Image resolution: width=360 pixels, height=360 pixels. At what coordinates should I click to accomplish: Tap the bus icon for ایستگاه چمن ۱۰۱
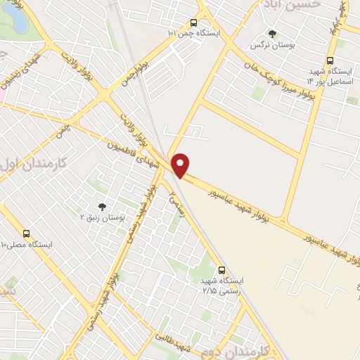click(x=194, y=22)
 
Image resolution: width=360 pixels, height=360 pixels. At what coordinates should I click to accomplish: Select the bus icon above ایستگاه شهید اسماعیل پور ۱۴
click(x=330, y=60)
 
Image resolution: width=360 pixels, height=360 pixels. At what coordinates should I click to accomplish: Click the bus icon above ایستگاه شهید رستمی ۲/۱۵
click(x=222, y=269)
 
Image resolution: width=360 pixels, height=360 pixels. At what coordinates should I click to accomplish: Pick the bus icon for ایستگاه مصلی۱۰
click(x=27, y=233)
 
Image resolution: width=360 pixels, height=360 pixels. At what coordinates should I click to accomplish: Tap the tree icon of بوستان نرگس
click(x=273, y=34)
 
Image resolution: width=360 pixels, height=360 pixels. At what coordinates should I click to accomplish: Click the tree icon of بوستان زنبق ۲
click(x=102, y=207)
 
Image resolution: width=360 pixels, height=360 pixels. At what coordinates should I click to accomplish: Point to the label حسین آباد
click(x=291, y=4)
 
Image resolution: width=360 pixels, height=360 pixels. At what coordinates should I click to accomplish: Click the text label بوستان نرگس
click(x=273, y=46)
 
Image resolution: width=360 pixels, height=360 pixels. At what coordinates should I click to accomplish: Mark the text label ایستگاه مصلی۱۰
click(x=36, y=245)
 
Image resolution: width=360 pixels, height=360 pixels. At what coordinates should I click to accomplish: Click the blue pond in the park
click(x=19, y=21)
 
